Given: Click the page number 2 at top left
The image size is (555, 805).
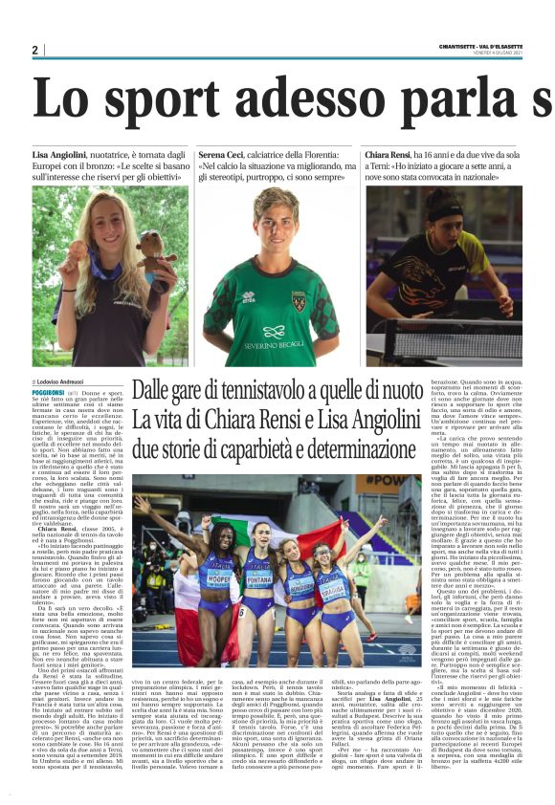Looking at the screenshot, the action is click(x=35, y=50).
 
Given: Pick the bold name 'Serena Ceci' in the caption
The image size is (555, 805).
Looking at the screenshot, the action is click(x=224, y=154).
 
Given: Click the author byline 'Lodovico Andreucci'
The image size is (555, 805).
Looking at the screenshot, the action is click(x=72, y=381).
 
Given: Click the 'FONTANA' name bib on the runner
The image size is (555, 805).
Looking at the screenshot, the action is click(x=258, y=579).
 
